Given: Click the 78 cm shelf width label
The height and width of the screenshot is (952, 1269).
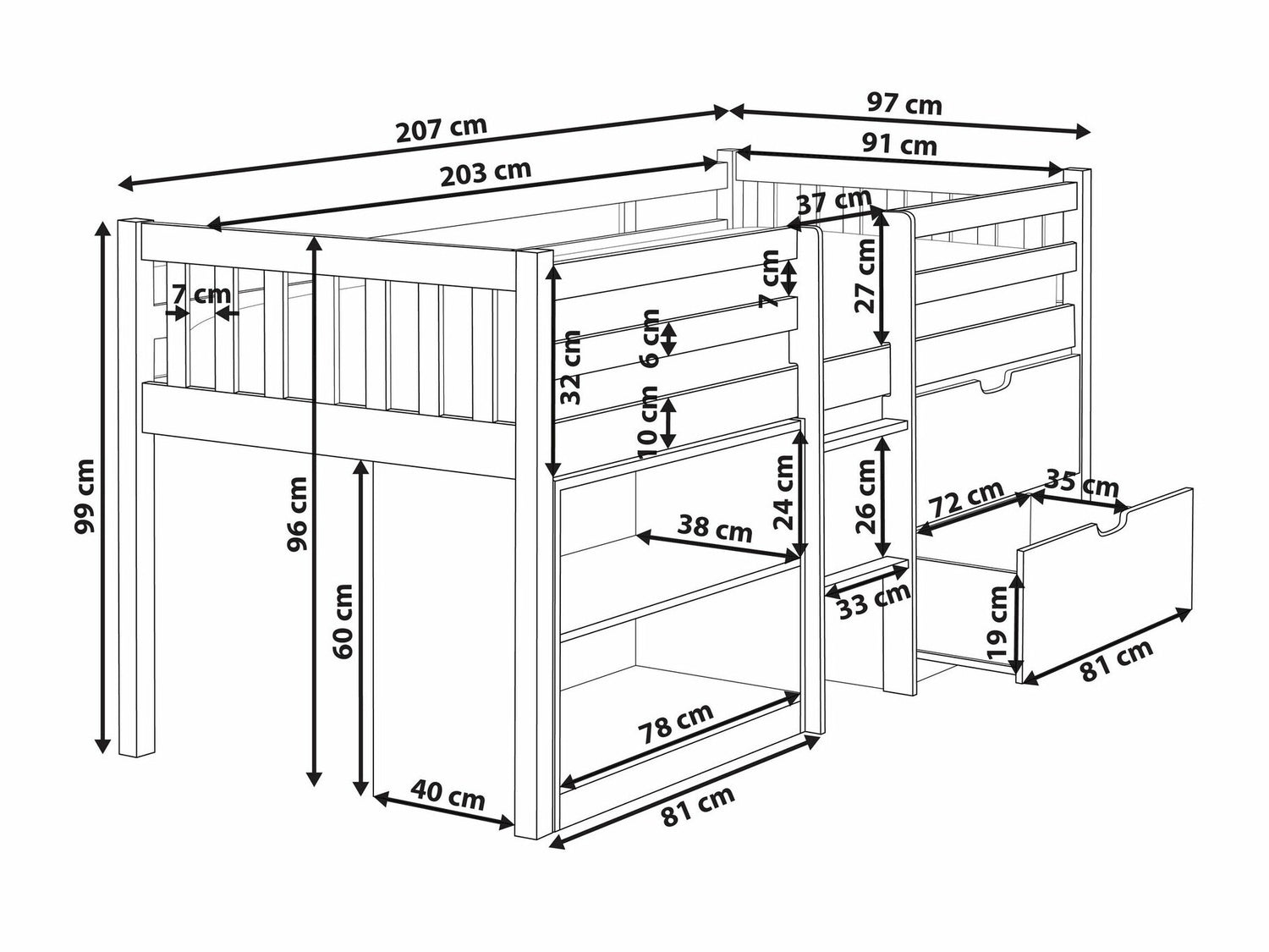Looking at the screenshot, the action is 675,724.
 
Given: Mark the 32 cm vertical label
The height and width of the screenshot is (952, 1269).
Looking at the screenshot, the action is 570,367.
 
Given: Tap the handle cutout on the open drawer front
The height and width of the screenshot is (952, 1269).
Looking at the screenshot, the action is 1112,521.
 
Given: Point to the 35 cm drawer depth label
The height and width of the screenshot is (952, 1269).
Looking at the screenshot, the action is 1082,484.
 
